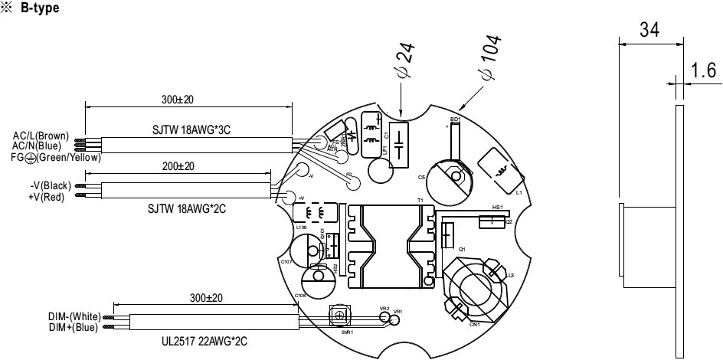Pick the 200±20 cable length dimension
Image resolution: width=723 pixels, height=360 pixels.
tap(178, 166)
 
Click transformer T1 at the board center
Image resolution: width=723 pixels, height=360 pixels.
tap(389, 244)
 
